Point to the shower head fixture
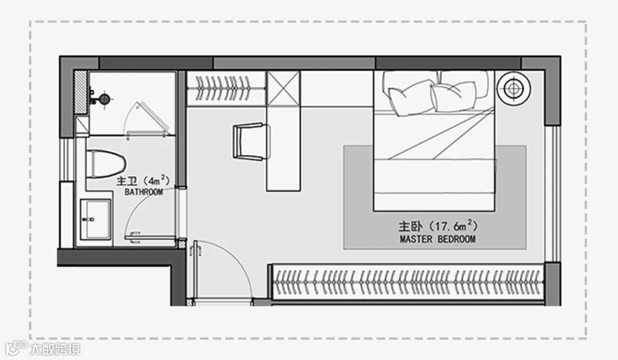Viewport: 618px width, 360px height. click(x=104, y=98)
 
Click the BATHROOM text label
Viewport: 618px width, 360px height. click(x=144, y=193)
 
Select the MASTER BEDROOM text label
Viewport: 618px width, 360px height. click(x=438, y=239)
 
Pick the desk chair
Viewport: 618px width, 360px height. click(x=250, y=141)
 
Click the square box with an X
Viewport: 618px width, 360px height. click(x=283, y=88)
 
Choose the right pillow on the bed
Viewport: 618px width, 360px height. click(x=453, y=94)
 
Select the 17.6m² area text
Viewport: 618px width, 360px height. click(x=455, y=225)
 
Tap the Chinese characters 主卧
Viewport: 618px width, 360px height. click(x=410, y=226)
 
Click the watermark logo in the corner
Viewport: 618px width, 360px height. click(x=43, y=347)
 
